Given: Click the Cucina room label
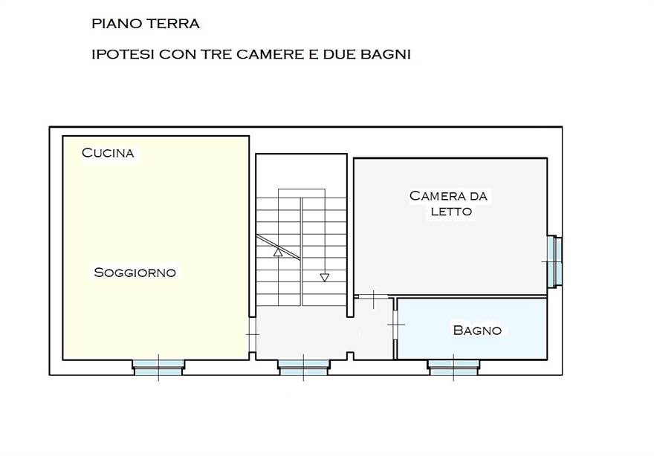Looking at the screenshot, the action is [x=108, y=152].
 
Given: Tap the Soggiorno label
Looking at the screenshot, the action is [x=135, y=272].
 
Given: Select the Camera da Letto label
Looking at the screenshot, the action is [x=449, y=203].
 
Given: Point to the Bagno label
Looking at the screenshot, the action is [x=477, y=330].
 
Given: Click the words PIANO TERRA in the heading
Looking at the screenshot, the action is [x=146, y=23].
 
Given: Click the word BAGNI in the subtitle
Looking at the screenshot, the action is [x=386, y=54].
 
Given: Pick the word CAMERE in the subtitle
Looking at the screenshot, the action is [x=271, y=54].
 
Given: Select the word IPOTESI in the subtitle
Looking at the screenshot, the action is [x=123, y=54].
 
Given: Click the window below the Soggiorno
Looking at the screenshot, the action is [x=158, y=367].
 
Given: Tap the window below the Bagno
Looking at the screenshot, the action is [x=453, y=367].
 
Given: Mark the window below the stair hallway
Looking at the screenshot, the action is [x=303, y=367].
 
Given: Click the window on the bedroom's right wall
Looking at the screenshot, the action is [x=554, y=261].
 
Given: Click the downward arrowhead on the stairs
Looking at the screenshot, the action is [x=325, y=277].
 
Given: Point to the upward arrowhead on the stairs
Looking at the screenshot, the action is [x=278, y=251].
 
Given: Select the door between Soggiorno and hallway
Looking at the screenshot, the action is [x=253, y=334].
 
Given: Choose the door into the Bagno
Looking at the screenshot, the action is [x=395, y=325].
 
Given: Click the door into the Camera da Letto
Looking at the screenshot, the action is [x=373, y=296].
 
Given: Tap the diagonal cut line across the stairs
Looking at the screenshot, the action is [x=278, y=247].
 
